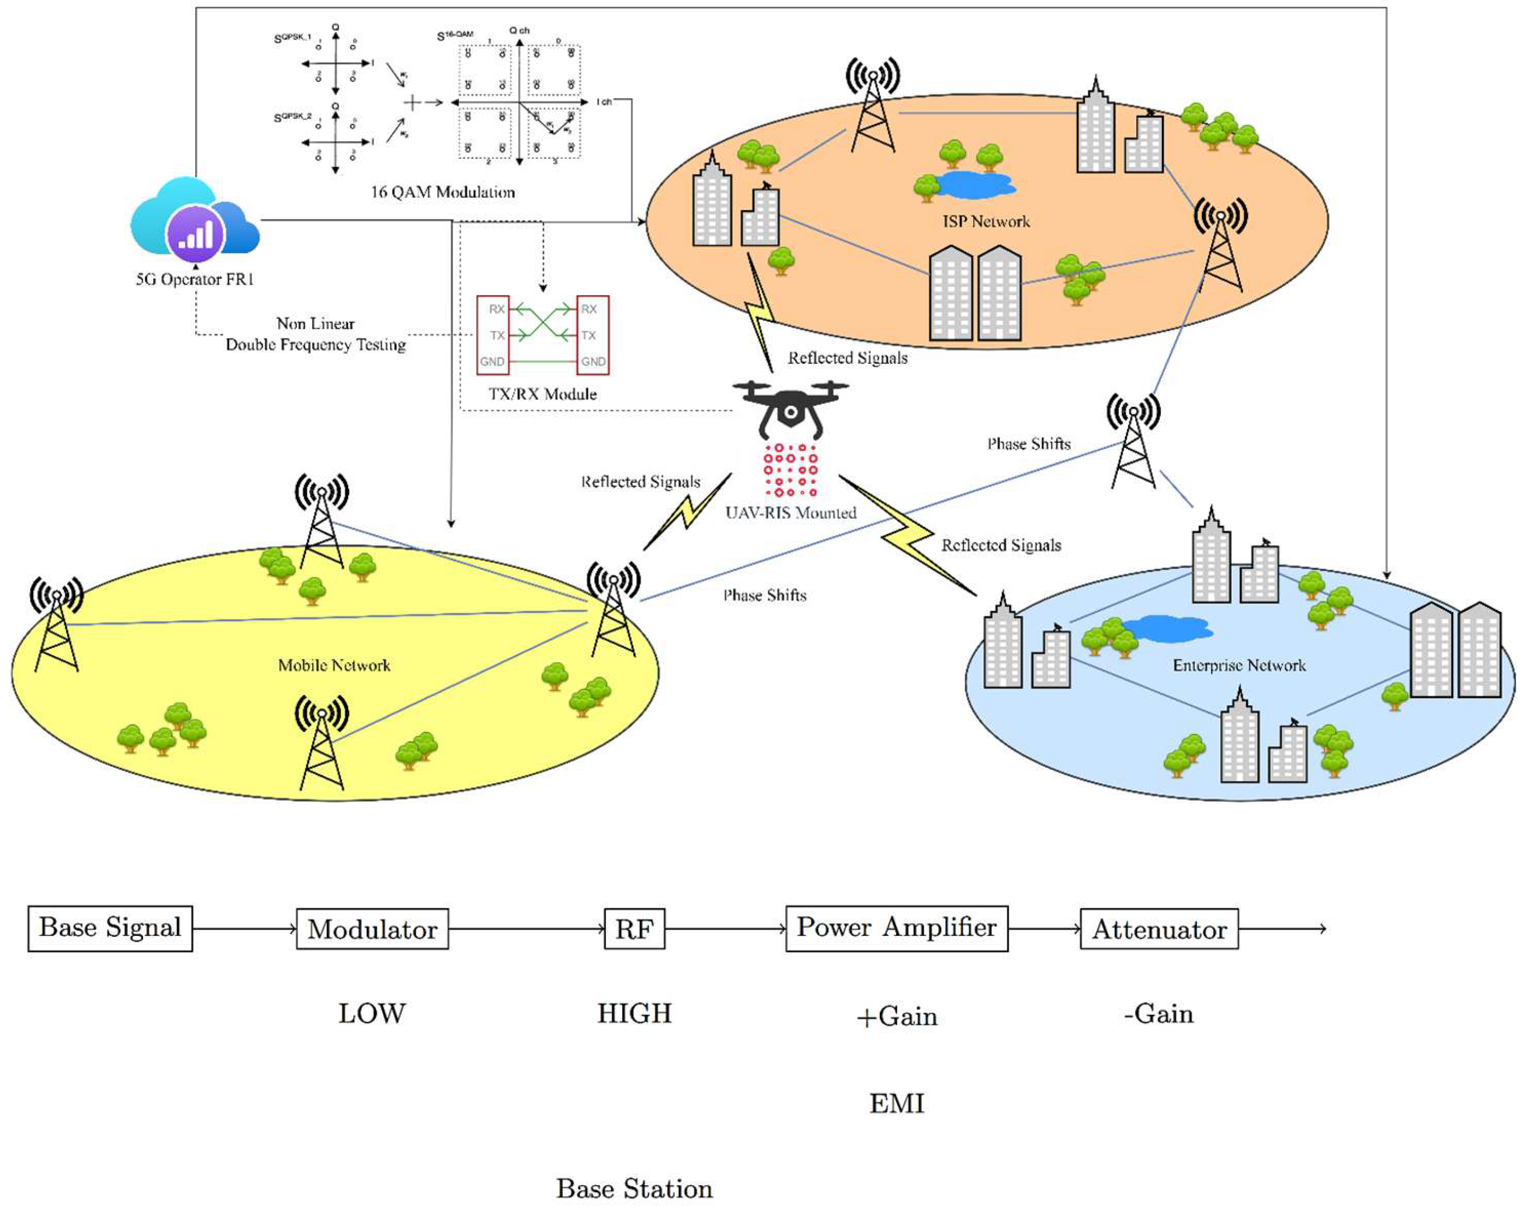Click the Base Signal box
pyautogui.click(x=110, y=928)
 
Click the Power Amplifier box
pyautogui.click(x=897, y=928)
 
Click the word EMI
pyautogui.click(x=897, y=1103)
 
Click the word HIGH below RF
pyautogui.click(x=634, y=1013)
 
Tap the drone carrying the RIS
pyautogui.click(x=790, y=407)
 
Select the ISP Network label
pyautogui.click(x=986, y=221)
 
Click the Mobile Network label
pyautogui.click(x=334, y=665)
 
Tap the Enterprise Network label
pyautogui.click(x=1239, y=665)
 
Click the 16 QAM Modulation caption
pyautogui.click(x=443, y=191)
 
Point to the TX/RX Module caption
pyautogui.click(x=542, y=394)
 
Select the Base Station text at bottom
pyautogui.click(x=634, y=1188)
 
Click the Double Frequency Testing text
pyautogui.click(x=315, y=345)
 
